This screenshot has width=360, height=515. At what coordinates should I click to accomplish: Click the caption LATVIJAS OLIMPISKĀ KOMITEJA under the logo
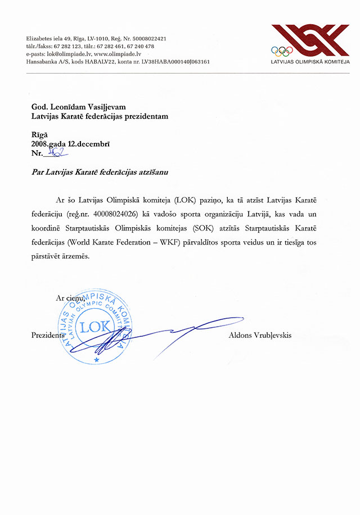click(310, 62)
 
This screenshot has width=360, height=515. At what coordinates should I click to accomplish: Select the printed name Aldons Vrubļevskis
click(260, 336)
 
